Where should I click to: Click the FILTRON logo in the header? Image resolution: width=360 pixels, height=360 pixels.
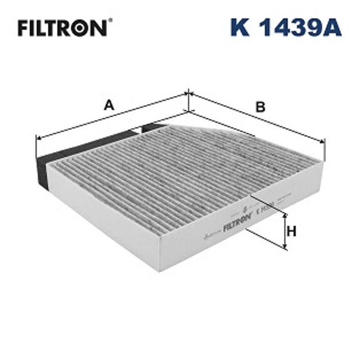pyautogui.click(x=62, y=28)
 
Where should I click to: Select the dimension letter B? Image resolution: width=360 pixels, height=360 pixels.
pyautogui.click(x=260, y=107)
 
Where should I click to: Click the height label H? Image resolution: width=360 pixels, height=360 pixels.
pyautogui.click(x=291, y=231)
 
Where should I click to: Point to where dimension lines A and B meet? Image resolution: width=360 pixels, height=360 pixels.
pyautogui.click(x=187, y=94)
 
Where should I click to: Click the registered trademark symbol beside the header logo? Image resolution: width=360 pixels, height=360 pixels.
pyautogui.click(x=110, y=21)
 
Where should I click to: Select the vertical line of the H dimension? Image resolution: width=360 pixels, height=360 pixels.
pyautogui.click(x=285, y=231)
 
